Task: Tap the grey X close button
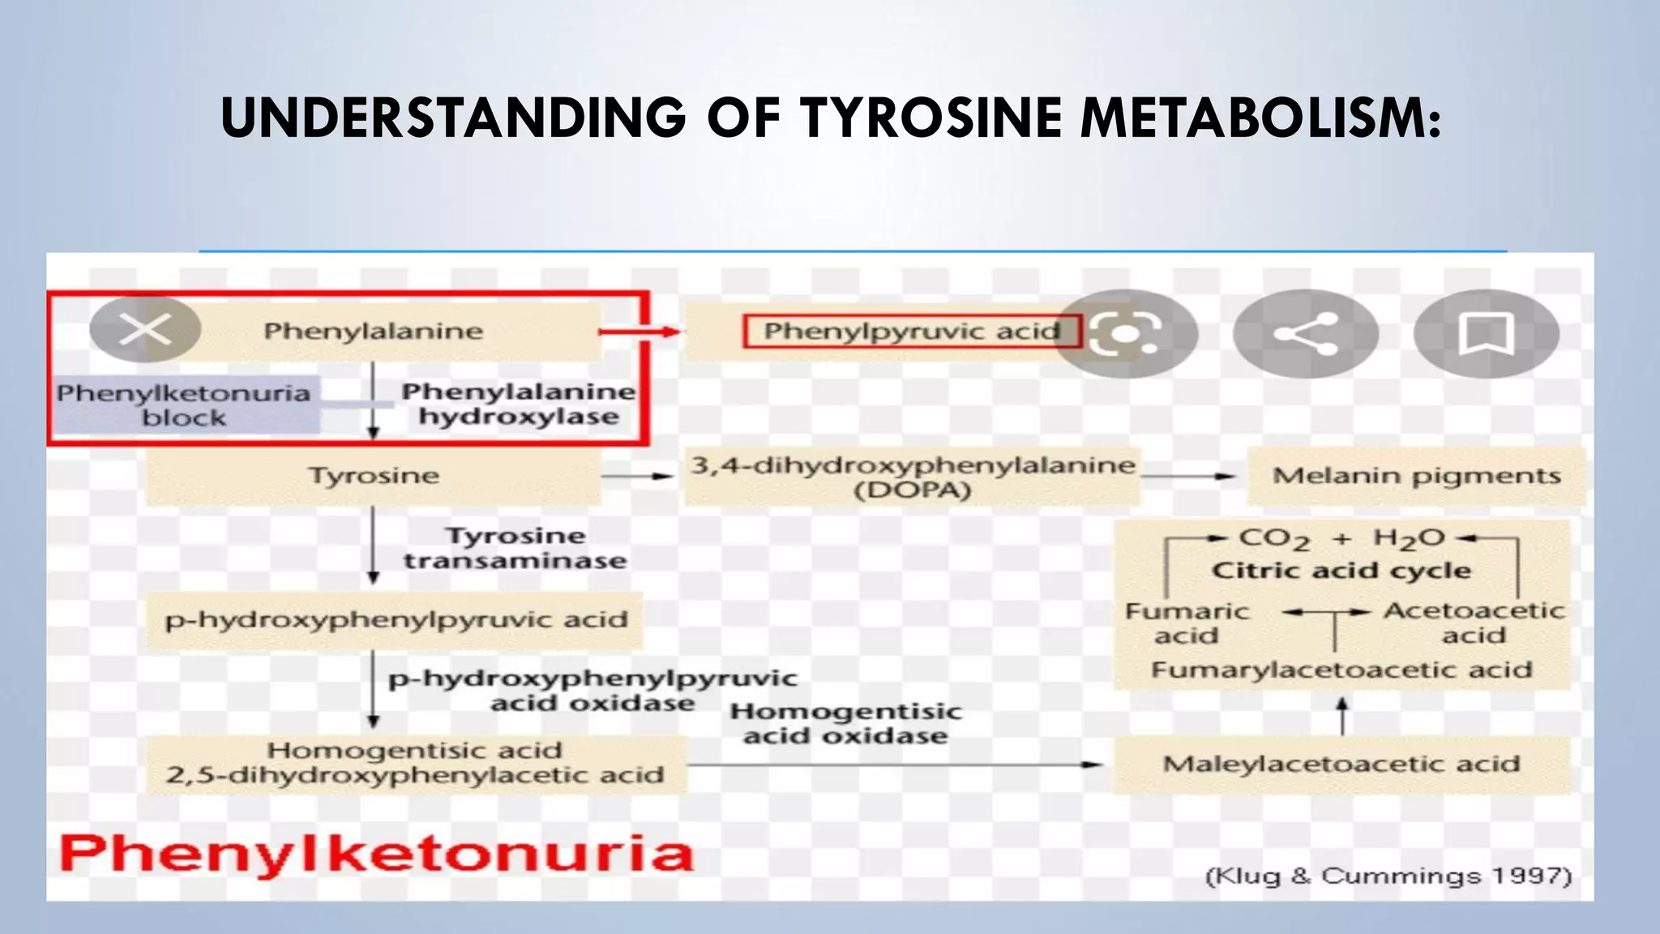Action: (145, 329)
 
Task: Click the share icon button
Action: (1305, 333)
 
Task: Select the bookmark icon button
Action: (1486, 333)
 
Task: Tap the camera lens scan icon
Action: (1125, 333)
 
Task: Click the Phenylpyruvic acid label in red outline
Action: (912, 331)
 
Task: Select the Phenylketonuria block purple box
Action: (185, 405)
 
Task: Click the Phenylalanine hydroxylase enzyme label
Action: (519, 404)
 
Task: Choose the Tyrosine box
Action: (373, 476)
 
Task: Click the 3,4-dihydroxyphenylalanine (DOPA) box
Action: (912, 477)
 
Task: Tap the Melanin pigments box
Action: (1415, 476)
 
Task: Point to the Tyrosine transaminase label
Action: (516, 548)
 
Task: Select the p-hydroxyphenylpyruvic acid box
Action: (396, 620)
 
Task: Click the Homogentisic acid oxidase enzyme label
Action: (845, 723)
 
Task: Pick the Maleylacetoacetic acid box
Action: (1341, 764)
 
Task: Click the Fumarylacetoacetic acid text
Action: (1341, 670)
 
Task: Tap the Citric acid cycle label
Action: (1341, 571)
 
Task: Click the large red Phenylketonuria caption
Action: (377, 854)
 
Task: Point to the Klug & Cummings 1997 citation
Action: (1388, 876)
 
